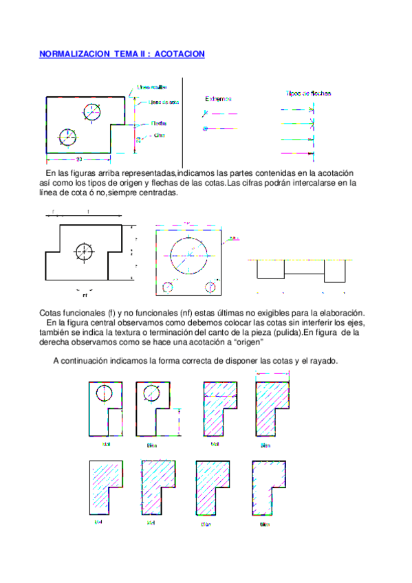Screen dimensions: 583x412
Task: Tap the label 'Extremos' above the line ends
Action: click(219, 99)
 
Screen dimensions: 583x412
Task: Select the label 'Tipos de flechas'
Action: click(310, 93)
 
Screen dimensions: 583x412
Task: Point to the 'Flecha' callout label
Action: click(159, 124)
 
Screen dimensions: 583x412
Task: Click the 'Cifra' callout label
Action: click(160, 135)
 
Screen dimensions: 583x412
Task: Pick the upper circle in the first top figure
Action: click(93, 111)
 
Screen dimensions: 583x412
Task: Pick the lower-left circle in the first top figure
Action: click(67, 137)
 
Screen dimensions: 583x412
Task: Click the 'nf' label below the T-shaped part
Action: click(85, 296)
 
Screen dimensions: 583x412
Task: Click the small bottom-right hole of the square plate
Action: click(211, 285)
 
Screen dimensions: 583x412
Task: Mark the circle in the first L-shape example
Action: click(104, 393)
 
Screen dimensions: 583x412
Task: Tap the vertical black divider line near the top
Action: click(182, 120)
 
